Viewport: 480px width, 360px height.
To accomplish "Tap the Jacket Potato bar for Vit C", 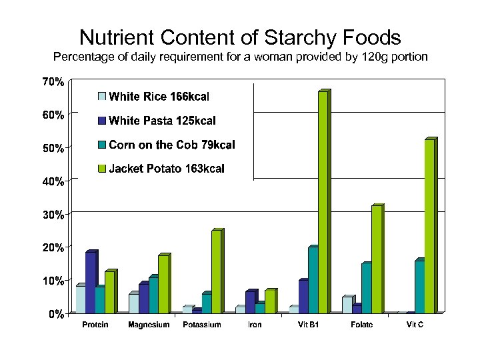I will click(429, 227).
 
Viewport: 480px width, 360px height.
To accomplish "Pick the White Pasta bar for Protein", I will click(91, 283).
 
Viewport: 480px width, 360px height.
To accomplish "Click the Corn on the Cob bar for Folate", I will click(366, 288).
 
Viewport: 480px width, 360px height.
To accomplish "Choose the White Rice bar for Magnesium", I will click(133, 303).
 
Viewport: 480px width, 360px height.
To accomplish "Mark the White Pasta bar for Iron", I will click(250, 302).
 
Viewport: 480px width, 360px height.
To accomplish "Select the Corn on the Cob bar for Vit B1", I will click(313, 280).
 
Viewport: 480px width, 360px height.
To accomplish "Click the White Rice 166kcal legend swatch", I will click(102, 97).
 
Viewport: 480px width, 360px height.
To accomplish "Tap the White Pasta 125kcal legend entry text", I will click(162, 121).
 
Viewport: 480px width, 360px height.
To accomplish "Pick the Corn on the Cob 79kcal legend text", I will click(171, 145).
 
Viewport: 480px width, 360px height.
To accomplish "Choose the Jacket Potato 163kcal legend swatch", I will click(102, 169).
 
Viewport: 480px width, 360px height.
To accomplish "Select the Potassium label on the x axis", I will click(202, 325).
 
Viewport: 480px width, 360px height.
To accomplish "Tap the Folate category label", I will click(361, 325).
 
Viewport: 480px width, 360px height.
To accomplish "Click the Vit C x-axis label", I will click(415, 325).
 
